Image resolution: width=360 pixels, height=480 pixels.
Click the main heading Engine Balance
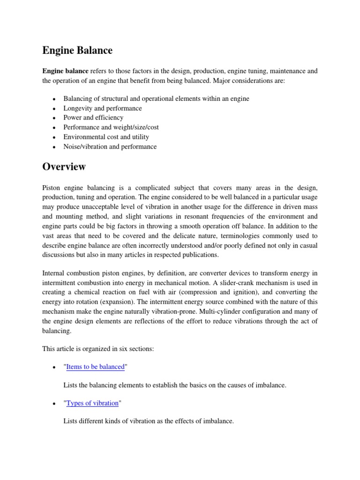point(77,50)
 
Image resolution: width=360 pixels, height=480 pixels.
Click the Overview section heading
point(64,166)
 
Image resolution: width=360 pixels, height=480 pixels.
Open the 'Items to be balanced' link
point(96,367)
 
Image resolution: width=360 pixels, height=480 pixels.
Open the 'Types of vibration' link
point(92,403)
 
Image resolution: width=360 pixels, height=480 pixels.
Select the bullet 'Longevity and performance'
point(102,108)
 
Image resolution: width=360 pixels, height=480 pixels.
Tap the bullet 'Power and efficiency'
point(93,118)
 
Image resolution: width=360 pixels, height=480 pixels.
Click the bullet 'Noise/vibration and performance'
point(110,147)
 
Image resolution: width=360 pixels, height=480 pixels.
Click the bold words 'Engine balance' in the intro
point(65,71)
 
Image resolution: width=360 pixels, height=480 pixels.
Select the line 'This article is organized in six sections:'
point(100,349)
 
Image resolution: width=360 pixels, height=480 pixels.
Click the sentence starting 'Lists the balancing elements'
point(174,385)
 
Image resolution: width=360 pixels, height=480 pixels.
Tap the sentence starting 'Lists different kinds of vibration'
point(148,421)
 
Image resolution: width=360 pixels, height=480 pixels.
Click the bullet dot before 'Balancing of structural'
point(54,99)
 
